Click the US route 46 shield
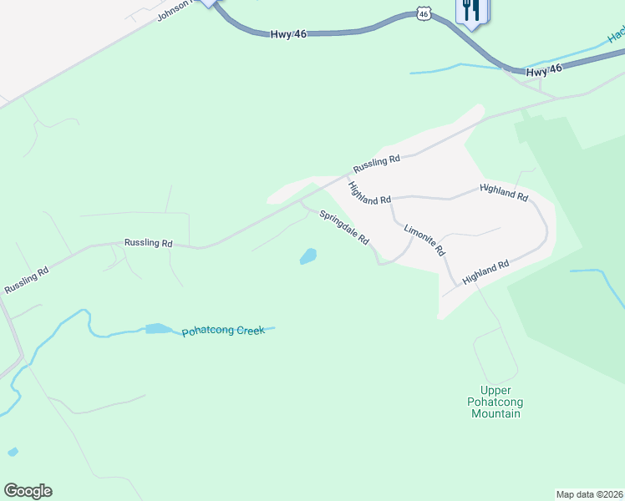[x=424, y=14]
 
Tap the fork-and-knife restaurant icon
[x=471, y=11]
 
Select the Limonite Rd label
[x=424, y=240]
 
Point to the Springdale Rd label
[x=343, y=226]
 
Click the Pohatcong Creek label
[x=223, y=331]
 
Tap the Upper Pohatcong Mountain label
[x=501, y=402]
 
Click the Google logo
[x=28, y=491]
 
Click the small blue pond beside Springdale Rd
[x=308, y=256]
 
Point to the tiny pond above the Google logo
[x=13, y=452]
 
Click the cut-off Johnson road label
[x=174, y=10]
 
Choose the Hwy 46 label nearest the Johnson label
[x=289, y=33]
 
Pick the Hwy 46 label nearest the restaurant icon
[x=544, y=70]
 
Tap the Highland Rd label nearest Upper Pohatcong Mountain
[x=485, y=274]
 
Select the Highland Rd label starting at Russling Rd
[x=369, y=194]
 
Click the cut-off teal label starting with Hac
[x=616, y=35]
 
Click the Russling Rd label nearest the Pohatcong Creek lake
[x=148, y=243]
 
